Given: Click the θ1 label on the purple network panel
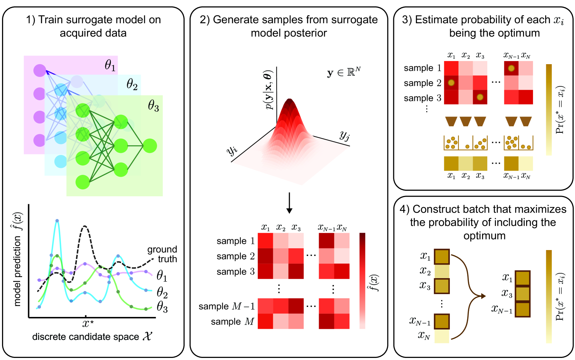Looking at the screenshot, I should tap(110, 65).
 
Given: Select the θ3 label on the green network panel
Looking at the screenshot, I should tap(153, 105).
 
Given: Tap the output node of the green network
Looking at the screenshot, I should tap(150, 146).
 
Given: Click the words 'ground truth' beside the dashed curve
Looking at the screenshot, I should tap(162, 254).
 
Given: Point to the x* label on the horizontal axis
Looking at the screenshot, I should tap(88, 324).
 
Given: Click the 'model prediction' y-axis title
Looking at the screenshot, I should tap(17, 260).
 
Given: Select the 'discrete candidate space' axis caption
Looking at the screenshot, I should tap(92, 336).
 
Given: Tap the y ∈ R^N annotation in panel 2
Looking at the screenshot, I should tap(343, 72).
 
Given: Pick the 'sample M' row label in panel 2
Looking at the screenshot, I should tap(232, 322).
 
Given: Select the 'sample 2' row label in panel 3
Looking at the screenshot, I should tap(422, 83).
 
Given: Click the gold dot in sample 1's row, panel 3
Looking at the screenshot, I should tap(511, 68).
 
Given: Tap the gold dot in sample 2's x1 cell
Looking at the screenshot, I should tap(451, 83).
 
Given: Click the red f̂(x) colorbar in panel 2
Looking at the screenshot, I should tap(362, 281).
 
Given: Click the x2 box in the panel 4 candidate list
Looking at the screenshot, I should tap(442, 271).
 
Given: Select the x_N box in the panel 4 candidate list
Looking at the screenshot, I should tap(442, 336).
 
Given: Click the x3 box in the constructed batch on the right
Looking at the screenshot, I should tap(522, 294).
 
